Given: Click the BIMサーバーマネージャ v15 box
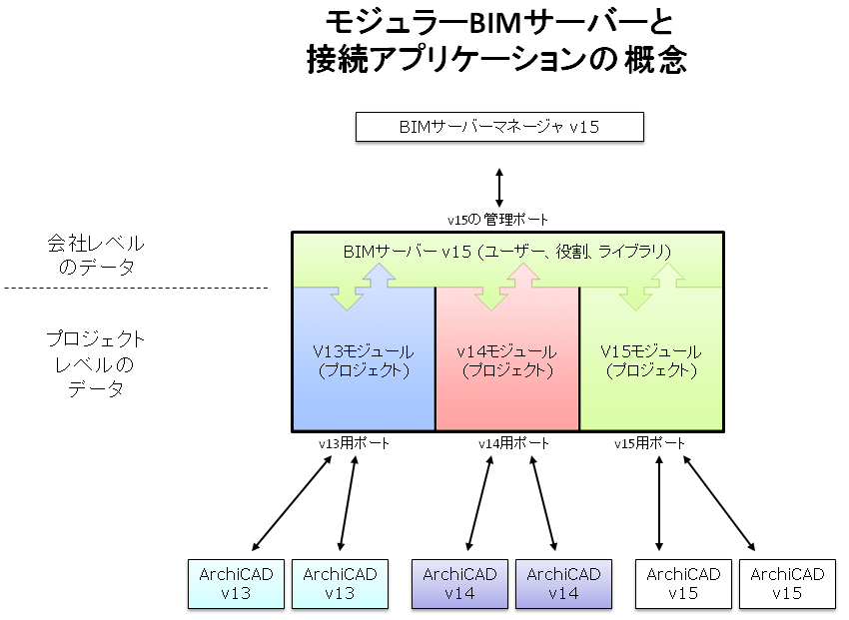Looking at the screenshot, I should [x=499, y=127].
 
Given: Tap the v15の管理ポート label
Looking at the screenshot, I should [x=497, y=219].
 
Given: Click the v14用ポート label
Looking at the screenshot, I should [x=512, y=443].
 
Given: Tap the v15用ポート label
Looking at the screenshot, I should [x=650, y=443].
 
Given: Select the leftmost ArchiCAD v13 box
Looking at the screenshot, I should [x=236, y=585].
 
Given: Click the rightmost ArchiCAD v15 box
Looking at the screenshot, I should [x=787, y=585].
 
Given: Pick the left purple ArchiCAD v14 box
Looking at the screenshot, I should [x=459, y=585].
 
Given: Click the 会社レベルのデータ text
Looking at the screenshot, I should [x=96, y=255].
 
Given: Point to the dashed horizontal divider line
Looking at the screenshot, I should [x=137, y=289].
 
